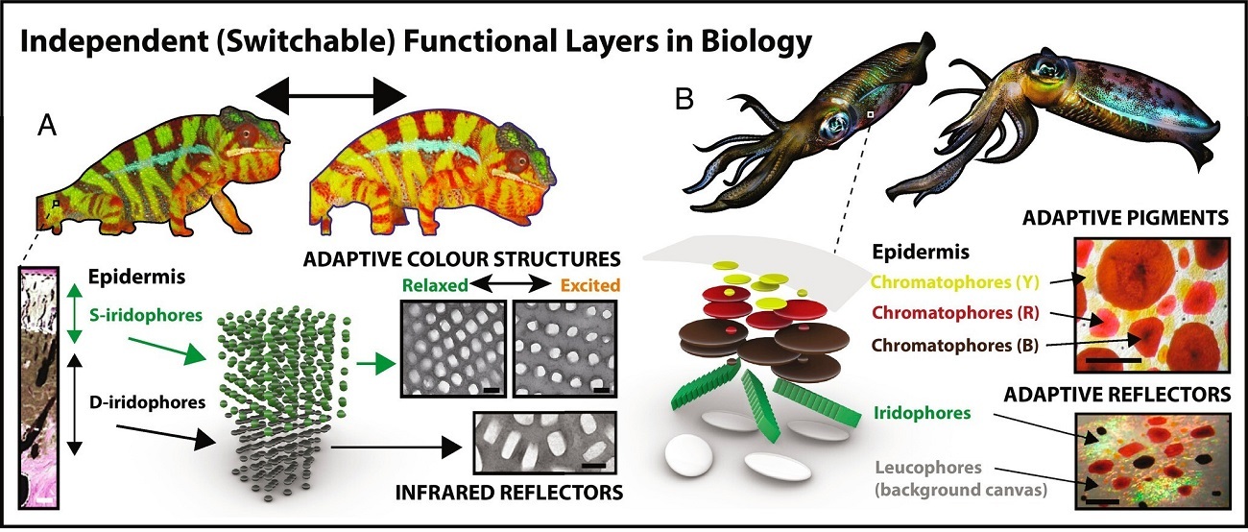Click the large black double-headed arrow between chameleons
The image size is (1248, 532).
[331, 96]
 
